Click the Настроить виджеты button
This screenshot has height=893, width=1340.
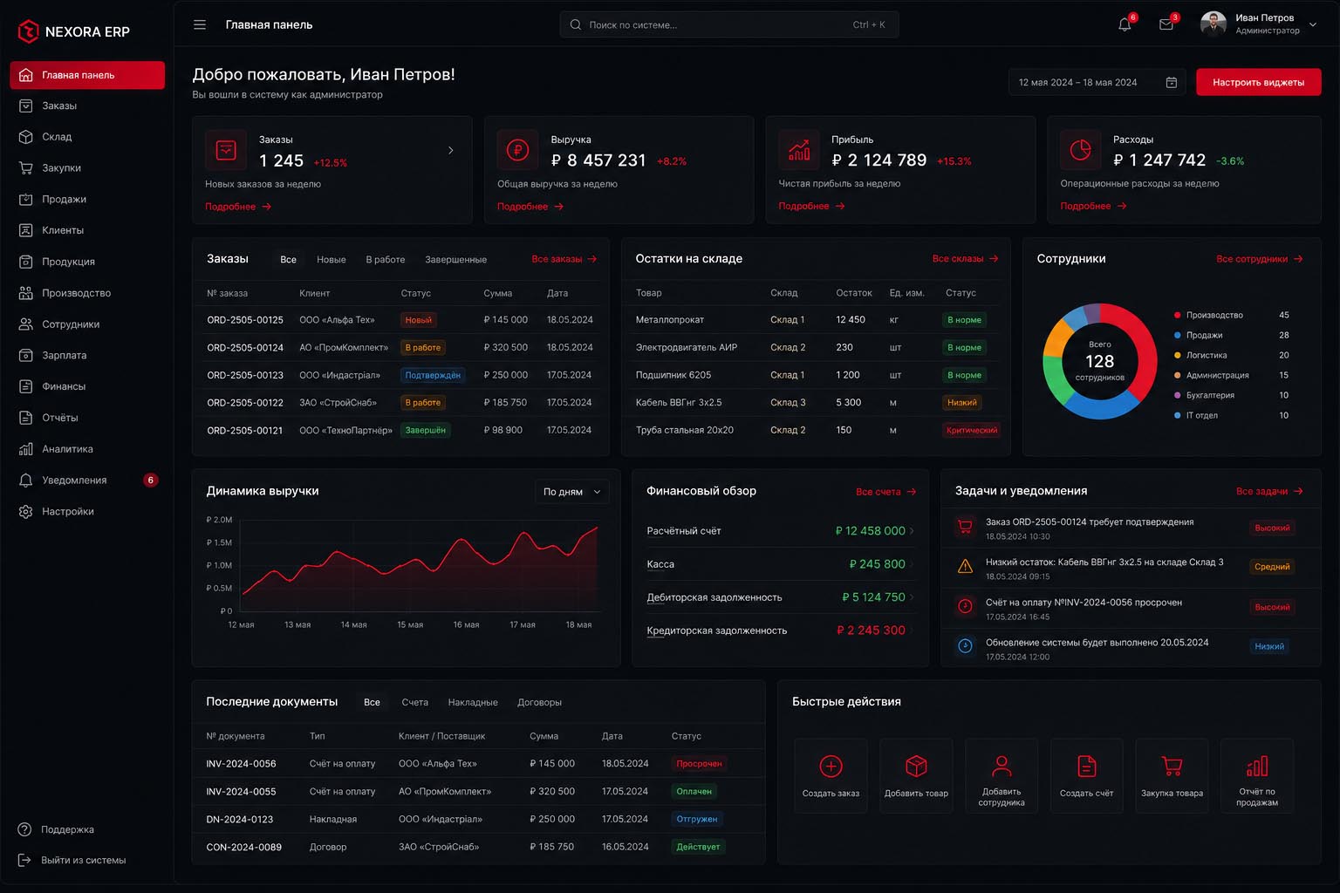[1258, 82]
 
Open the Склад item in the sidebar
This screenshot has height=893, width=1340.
[57, 137]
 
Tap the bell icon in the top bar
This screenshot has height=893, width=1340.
[1124, 24]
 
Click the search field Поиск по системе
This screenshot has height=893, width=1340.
[728, 24]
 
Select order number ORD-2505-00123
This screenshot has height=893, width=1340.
[244, 375]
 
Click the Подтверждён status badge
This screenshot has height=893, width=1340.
[433, 375]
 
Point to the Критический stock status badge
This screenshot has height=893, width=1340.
[972, 430]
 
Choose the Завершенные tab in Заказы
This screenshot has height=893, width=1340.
[456, 260]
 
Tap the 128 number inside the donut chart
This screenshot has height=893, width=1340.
[1099, 361]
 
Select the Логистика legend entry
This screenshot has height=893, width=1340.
[1206, 355]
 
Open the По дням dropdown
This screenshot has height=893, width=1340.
[571, 492]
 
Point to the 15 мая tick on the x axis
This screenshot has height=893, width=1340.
[410, 624]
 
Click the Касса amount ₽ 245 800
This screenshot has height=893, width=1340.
[877, 564]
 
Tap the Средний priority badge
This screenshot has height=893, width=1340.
[1272, 567]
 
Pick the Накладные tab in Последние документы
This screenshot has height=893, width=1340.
[473, 702]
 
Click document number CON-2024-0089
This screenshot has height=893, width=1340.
[243, 847]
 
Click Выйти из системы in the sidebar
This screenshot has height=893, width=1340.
[83, 860]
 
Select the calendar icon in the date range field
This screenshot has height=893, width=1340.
[1172, 83]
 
